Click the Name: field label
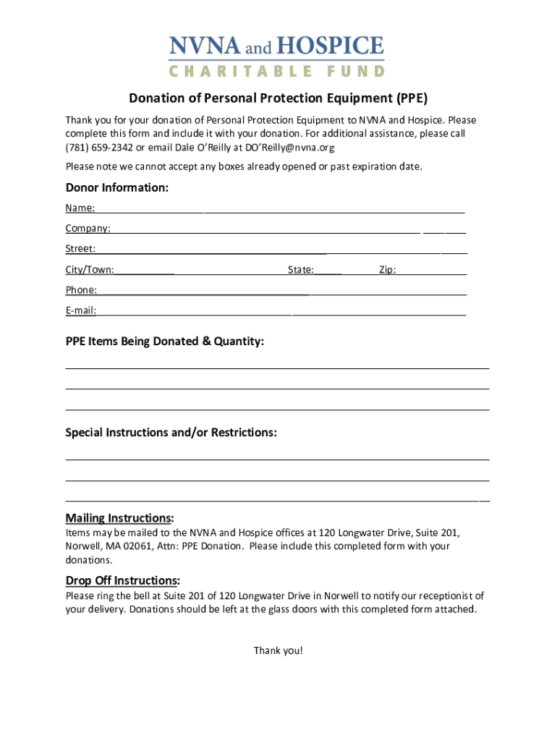pos(80,208)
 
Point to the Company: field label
pos(88,229)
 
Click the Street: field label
pos(80,249)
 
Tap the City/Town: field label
pos(90,270)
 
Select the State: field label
pos(301,270)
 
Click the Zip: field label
pos(388,270)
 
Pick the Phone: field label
pos(81,290)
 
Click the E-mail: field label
pos(81,310)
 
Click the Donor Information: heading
pos(117,188)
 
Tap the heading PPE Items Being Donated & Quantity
pos(165,341)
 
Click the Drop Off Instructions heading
pos(122,580)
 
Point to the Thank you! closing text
pos(278,651)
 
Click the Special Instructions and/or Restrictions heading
pos(171,433)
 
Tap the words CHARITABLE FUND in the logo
pos(276,71)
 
